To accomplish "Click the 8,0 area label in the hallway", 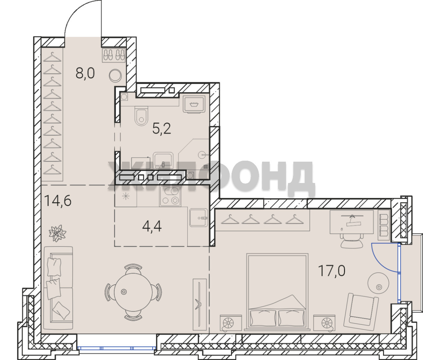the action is [x=85, y=73].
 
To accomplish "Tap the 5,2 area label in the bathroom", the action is [x=162, y=129].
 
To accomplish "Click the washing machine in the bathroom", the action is [x=194, y=104].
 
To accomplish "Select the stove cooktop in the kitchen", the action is [x=170, y=196].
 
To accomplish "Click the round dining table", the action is [x=133, y=292].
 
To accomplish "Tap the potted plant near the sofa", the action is [x=57, y=233].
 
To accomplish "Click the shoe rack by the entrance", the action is [x=113, y=55].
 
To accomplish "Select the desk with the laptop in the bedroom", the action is [x=351, y=222].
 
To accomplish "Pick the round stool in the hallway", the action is [x=115, y=76].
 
